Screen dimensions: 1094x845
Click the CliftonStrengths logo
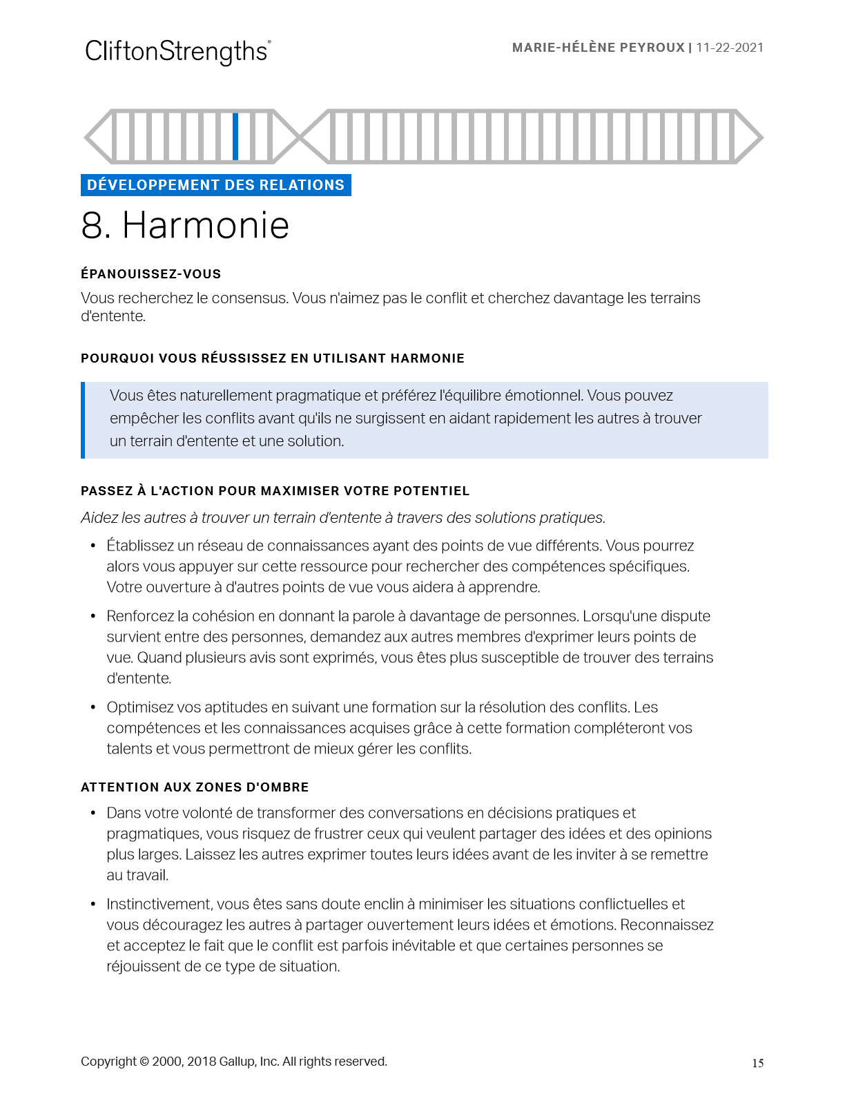[x=177, y=51]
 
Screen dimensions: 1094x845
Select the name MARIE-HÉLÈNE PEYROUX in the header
[x=598, y=48]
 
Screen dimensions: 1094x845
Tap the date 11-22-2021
[x=730, y=48]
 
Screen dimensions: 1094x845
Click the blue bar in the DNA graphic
[x=235, y=137]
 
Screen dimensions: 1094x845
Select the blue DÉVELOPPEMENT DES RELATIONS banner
[x=215, y=185]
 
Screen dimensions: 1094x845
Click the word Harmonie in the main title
[x=206, y=225]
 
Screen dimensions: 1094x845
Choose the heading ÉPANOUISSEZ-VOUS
[x=150, y=274]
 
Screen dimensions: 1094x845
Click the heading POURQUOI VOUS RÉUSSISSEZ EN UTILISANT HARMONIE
[x=272, y=358]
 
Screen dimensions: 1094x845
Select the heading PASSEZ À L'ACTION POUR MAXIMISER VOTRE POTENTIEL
[x=275, y=491]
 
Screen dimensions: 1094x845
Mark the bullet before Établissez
[x=93, y=546]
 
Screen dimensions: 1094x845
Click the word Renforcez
[x=140, y=616]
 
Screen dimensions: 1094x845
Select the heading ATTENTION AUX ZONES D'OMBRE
[x=195, y=787]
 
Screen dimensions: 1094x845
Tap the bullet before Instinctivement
[x=93, y=904]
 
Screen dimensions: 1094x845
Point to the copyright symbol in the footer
[x=144, y=1062]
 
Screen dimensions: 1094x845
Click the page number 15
[x=757, y=1064]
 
